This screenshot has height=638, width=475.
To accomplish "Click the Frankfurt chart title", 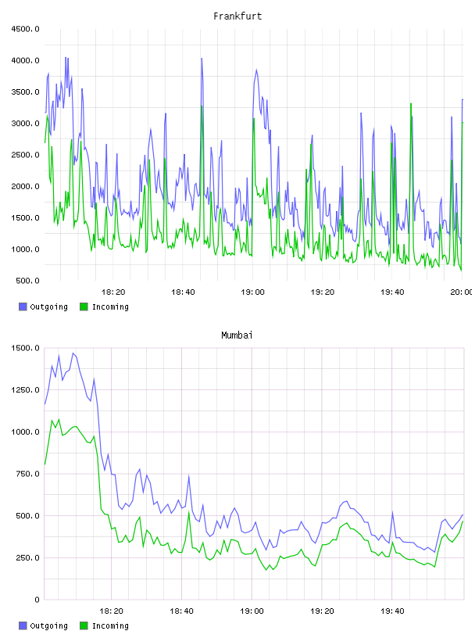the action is coord(237,16).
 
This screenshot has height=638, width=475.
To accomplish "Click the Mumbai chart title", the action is coord(237,335).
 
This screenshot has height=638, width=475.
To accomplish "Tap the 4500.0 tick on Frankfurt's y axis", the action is coord(25,29).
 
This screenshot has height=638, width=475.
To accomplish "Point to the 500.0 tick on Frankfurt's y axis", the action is coord(27,281).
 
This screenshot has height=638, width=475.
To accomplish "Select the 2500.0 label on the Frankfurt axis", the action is coord(25,155).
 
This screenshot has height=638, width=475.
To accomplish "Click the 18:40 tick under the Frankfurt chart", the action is coord(183,292).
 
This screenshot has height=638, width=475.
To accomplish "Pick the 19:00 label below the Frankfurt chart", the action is coord(252,292).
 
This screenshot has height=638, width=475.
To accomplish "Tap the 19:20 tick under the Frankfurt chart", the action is coord(323,292).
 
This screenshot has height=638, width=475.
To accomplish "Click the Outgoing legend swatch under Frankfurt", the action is coord(23,306).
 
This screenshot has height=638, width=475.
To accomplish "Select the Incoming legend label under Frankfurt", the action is coord(110,307).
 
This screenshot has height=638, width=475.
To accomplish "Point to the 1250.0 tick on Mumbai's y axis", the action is coord(25,390).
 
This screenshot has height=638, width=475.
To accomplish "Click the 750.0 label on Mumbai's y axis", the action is coord(27,474).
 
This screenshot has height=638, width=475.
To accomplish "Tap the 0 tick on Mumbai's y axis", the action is coord(37,600).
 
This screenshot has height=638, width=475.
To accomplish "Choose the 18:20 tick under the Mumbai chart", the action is coord(112,611).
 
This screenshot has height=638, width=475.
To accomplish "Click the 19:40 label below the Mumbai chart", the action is coord(392,611).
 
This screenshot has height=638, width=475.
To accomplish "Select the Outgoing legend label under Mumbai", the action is coord(48,626).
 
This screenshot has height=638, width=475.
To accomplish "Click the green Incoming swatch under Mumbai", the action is coord(84,625).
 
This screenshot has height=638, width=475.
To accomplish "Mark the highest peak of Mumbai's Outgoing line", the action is coord(73,353).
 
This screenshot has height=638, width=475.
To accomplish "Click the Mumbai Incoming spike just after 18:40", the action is coord(189,512).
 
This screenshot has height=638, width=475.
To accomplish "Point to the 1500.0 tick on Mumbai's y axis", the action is coord(25,348).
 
